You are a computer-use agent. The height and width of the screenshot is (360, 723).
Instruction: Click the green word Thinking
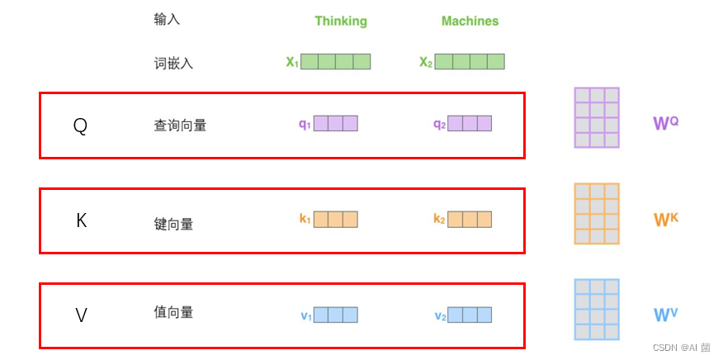tap(341, 21)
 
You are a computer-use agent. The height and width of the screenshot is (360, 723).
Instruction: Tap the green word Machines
tap(470, 21)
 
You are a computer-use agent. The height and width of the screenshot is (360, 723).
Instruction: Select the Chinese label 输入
tap(167, 19)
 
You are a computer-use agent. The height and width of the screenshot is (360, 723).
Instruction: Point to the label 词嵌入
tap(173, 63)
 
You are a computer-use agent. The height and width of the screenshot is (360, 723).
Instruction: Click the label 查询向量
tap(180, 126)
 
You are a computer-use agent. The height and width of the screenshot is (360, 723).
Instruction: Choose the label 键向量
tap(173, 224)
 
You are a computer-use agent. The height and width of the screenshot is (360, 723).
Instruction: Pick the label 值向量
tap(173, 312)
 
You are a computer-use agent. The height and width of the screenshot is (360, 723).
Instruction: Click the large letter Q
tap(80, 126)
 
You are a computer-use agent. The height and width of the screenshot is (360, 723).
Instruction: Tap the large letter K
tap(81, 220)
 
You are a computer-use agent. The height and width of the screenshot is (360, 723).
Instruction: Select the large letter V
tap(81, 315)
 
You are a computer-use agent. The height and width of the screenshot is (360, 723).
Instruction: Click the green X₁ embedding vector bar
tap(335, 61)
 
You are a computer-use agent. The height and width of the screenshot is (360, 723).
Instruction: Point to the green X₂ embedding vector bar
tap(469, 61)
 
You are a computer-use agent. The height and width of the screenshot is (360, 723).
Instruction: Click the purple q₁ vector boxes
tap(335, 124)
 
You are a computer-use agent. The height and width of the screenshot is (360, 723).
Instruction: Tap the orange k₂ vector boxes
tap(470, 220)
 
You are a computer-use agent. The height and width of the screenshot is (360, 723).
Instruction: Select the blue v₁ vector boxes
tap(335, 315)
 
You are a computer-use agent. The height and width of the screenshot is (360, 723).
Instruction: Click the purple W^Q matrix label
tap(665, 124)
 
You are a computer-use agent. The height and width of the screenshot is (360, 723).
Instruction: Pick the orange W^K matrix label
tap(665, 220)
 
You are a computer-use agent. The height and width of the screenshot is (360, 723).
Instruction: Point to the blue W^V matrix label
tap(665, 315)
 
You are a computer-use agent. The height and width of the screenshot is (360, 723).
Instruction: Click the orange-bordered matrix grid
tap(597, 214)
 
